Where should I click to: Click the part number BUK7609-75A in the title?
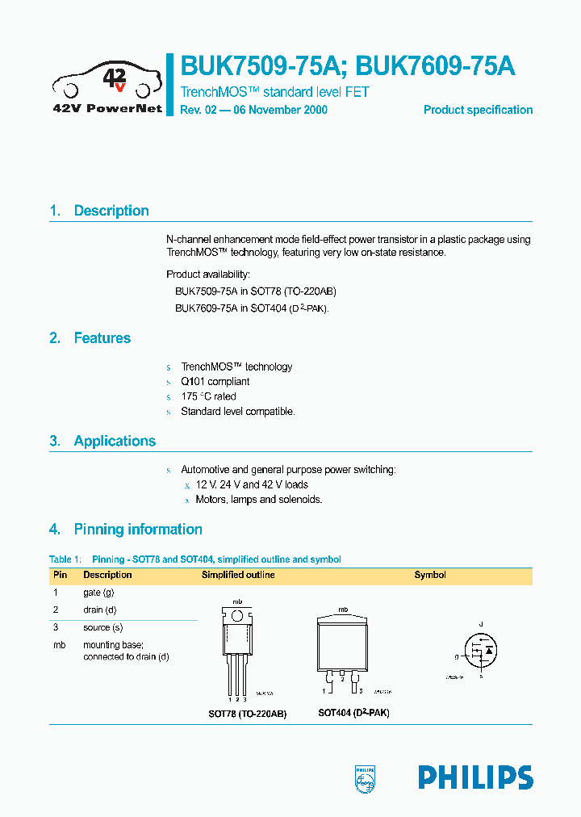click(x=435, y=65)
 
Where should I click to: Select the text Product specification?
click(x=478, y=110)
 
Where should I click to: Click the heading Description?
click(x=111, y=211)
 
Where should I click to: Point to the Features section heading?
click(x=102, y=338)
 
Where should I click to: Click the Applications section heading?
click(x=115, y=441)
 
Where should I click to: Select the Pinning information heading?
click(x=138, y=530)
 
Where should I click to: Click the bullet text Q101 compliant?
click(x=215, y=381)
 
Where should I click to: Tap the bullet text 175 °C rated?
click(x=208, y=396)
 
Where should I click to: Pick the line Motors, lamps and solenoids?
click(x=259, y=500)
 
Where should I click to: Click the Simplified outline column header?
click(x=238, y=575)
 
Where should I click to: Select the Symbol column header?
click(x=430, y=575)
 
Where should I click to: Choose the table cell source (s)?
click(x=102, y=627)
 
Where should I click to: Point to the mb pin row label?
click(x=59, y=645)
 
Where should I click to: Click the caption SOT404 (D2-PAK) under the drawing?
click(x=353, y=714)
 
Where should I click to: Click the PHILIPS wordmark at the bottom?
click(x=475, y=777)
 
